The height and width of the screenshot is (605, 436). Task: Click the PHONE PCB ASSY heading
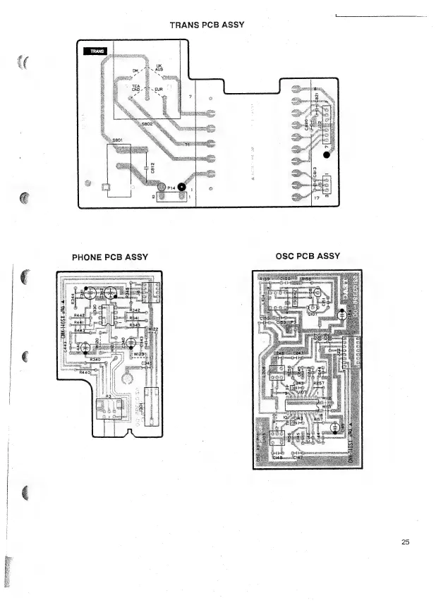coord(109,257)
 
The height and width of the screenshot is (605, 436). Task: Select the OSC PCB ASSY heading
coord(310,257)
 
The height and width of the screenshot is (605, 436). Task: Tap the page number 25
coord(405,542)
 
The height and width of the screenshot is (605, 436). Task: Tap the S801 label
coord(119,140)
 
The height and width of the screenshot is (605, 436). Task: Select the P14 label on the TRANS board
coord(171,187)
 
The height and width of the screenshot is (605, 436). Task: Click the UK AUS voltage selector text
coord(159,68)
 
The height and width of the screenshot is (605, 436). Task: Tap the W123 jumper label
coord(139,354)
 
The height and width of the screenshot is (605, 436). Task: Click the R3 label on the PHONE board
coord(108,397)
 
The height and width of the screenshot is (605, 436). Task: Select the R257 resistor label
coord(318,384)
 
